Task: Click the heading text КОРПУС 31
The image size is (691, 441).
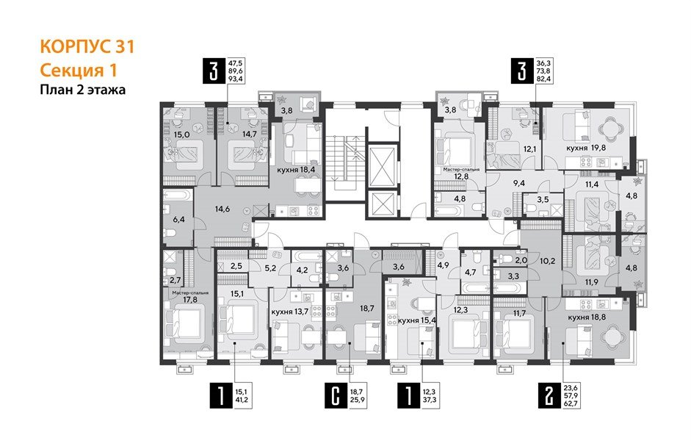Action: [x=86, y=47]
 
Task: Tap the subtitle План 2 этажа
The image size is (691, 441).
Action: [x=82, y=90]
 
